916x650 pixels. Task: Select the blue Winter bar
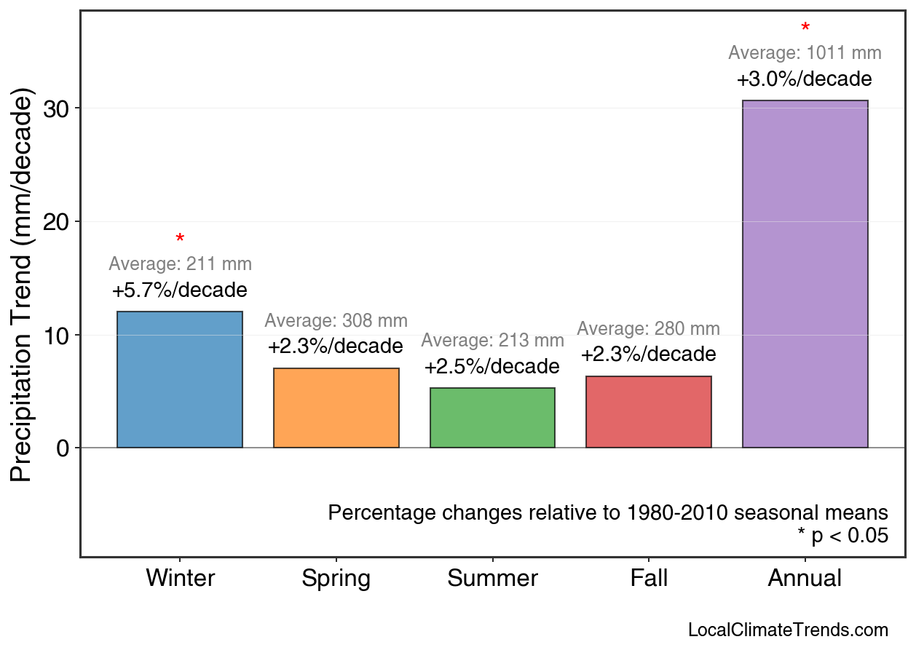point(179,379)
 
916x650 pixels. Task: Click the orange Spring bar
point(336,408)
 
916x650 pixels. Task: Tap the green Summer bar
point(492,418)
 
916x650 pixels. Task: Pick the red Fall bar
point(649,412)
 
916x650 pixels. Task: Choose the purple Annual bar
point(805,274)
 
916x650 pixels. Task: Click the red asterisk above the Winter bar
point(180,239)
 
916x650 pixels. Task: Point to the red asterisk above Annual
point(805,28)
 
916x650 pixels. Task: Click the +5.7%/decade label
point(179,290)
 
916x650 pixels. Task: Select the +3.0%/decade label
point(805,79)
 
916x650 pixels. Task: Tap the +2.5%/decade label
point(492,366)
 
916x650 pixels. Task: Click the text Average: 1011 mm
point(805,53)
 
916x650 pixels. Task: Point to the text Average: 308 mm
point(336,321)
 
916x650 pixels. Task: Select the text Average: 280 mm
point(649,329)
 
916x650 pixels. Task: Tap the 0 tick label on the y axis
point(63,448)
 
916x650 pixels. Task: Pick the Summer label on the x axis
point(492,579)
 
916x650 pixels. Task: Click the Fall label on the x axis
point(649,579)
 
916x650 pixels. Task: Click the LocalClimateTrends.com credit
point(788,630)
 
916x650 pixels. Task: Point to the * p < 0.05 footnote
point(842,536)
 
